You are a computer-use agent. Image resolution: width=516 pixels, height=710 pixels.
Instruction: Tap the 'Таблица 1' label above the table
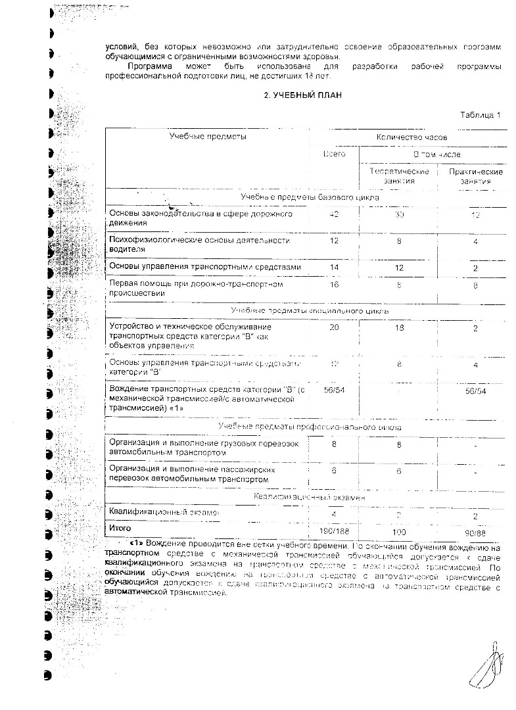pyautogui.click(x=481, y=115)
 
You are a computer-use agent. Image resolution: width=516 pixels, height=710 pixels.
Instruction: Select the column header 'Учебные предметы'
pyautogui.click(x=208, y=136)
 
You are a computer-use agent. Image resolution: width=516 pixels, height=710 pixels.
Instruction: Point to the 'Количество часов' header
pyautogui.click(x=411, y=137)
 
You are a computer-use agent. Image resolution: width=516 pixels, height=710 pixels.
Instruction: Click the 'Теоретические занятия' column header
pyautogui.click(x=399, y=176)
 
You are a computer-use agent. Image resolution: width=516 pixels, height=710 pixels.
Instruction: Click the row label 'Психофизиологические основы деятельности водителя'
pyautogui.click(x=199, y=245)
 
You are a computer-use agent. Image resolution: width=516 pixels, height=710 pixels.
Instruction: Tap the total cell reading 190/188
pyautogui.click(x=334, y=529)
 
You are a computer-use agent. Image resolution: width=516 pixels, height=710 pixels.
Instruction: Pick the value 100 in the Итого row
pyautogui.click(x=398, y=529)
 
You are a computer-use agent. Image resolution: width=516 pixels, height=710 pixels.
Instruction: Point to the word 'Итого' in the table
pyautogui.click(x=120, y=528)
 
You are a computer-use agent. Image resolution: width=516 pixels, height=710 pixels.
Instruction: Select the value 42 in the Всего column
pyautogui.click(x=334, y=215)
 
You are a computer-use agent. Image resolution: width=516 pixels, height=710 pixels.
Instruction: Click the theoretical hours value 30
pyautogui.click(x=398, y=215)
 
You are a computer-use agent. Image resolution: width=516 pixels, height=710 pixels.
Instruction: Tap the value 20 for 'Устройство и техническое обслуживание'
pyautogui.click(x=334, y=327)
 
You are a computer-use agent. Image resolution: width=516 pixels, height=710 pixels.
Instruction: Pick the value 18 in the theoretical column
pyautogui.click(x=398, y=327)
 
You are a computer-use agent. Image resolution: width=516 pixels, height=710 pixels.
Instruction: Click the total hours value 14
pyautogui.click(x=334, y=268)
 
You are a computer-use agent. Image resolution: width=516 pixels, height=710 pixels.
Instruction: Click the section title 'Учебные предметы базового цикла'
pyautogui.click(x=308, y=197)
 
